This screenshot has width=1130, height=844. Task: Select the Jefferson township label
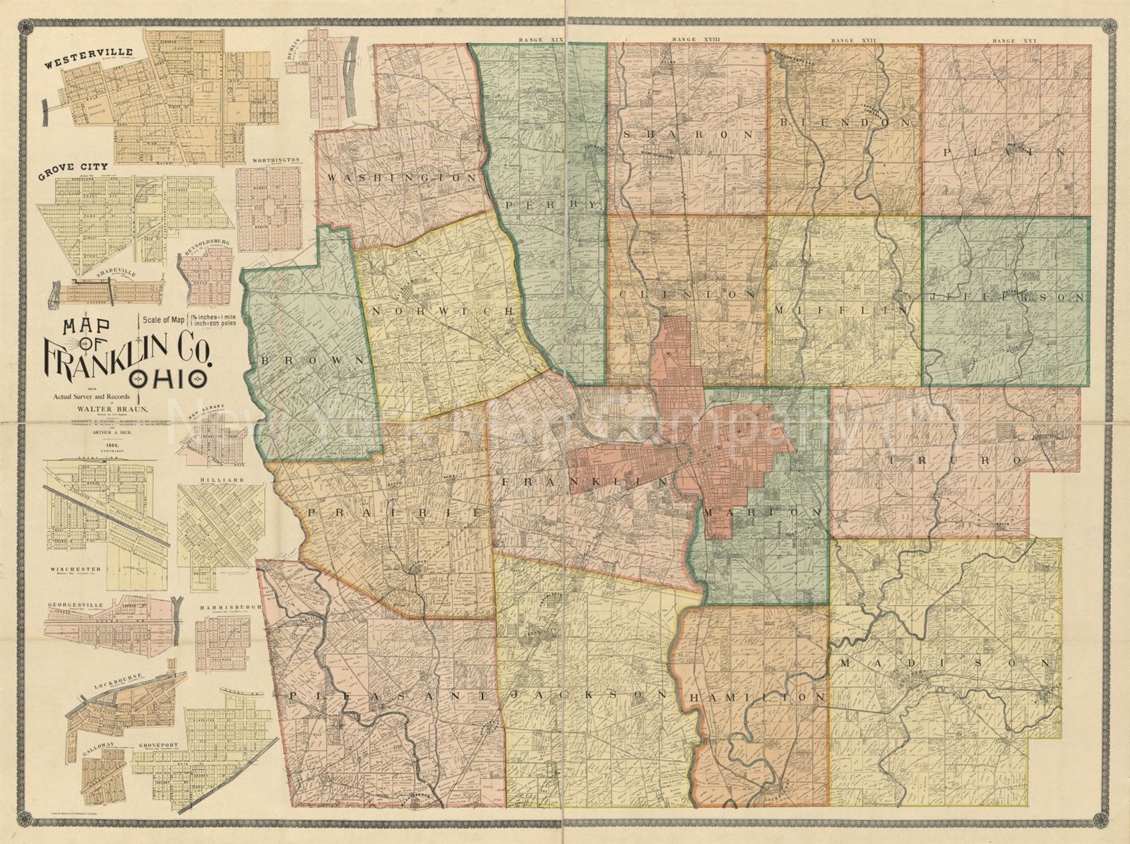pyautogui.click(x=1008, y=298)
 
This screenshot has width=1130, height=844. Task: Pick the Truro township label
pyautogui.click(x=953, y=459)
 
